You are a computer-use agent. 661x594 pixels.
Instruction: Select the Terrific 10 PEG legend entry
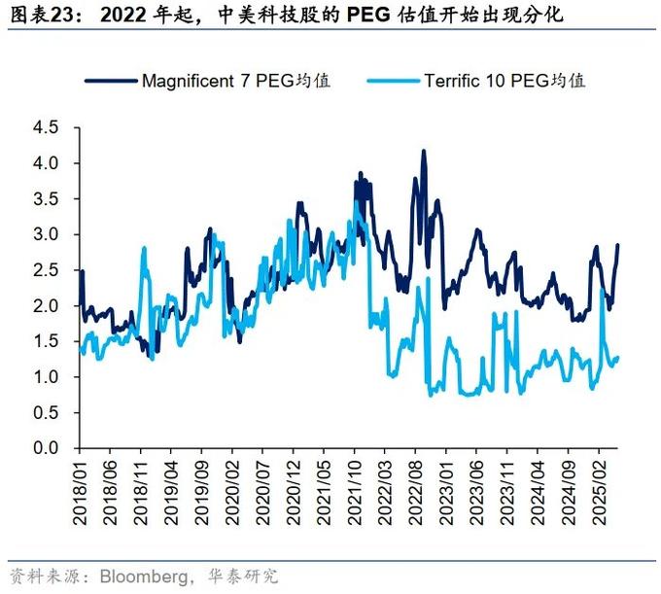click(x=504, y=81)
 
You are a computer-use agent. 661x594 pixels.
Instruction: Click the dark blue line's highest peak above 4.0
click(x=423, y=152)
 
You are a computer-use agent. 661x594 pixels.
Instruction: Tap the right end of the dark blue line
click(x=617, y=245)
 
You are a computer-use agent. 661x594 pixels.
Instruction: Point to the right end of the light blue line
click(x=617, y=359)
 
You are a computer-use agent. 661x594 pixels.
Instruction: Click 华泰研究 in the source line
click(x=243, y=575)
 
